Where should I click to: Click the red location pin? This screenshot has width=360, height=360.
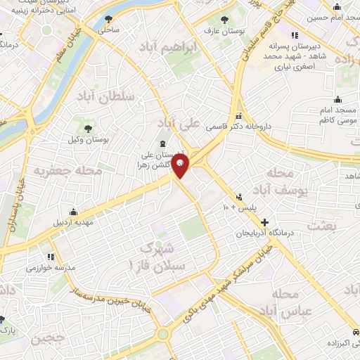point(181,167)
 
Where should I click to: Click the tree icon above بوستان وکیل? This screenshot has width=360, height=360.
point(88,129)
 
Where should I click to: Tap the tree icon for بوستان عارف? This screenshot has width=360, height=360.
point(224,19)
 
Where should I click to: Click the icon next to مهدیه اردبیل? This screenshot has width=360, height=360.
point(74,212)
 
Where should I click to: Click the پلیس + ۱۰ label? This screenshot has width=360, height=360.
point(240,207)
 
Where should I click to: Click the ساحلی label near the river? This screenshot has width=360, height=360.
point(110,30)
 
